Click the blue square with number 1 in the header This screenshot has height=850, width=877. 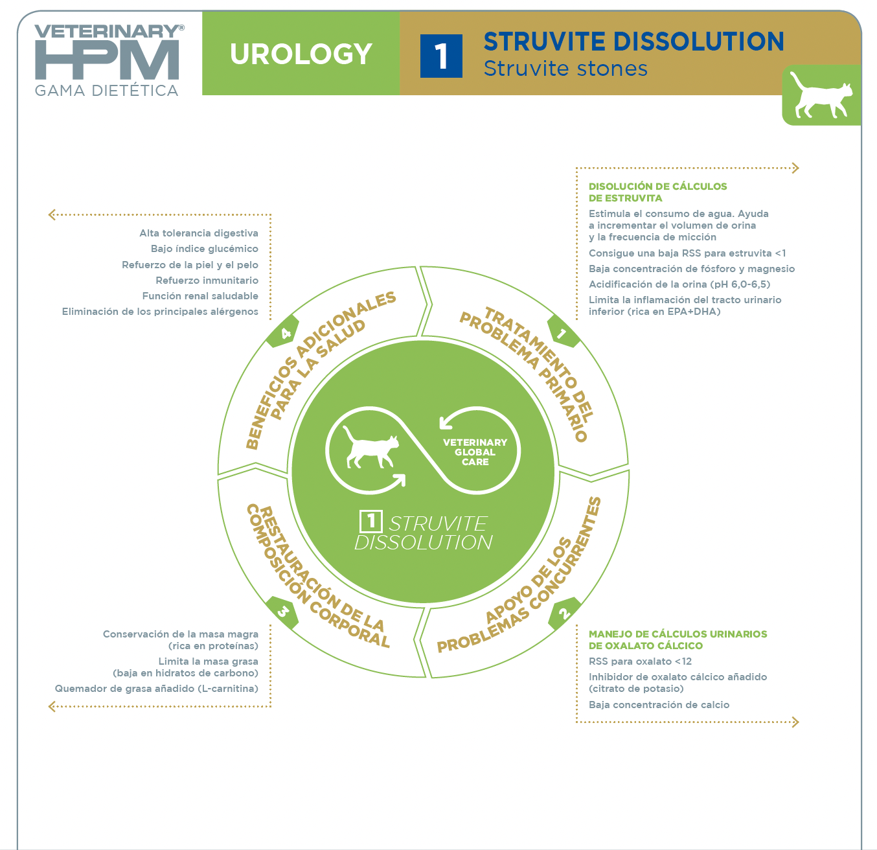click(x=440, y=56)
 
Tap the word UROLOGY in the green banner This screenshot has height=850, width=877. click(x=301, y=54)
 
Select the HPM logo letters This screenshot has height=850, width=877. click(x=107, y=59)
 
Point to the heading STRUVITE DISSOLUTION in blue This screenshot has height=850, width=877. click(x=633, y=41)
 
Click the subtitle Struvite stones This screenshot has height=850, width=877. click(x=565, y=69)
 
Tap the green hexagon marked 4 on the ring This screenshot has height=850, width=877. click(x=283, y=332)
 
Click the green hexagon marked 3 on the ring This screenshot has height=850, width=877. click(x=282, y=613)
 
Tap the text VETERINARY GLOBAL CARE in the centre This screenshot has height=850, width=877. click(x=475, y=452)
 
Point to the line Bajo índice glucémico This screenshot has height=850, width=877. click(x=205, y=249)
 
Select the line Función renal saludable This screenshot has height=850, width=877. click(x=200, y=295)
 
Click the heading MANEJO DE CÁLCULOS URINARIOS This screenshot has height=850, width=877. click(x=678, y=634)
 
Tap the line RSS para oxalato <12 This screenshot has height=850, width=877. click(x=640, y=661)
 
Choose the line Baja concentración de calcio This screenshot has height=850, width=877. click(x=659, y=704)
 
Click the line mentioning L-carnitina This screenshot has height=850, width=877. click(x=156, y=689)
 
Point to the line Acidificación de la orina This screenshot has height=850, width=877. click(x=679, y=284)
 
